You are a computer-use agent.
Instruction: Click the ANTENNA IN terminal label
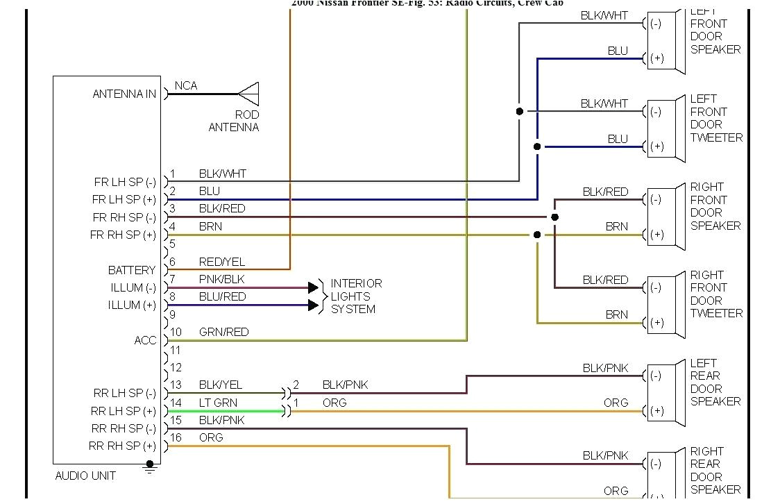click(124, 94)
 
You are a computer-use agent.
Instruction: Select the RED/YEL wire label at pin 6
click(222, 262)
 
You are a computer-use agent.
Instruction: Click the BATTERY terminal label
click(132, 270)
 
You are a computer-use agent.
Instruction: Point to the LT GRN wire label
click(218, 403)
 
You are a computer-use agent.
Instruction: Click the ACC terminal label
click(145, 340)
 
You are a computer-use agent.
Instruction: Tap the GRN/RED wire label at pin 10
click(223, 332)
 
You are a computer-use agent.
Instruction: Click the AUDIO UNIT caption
click(85, 476)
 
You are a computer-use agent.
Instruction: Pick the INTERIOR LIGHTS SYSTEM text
click(356, 296)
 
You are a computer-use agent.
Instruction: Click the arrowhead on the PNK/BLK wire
click(314, 287)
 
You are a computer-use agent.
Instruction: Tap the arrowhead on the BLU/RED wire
click(314, 305)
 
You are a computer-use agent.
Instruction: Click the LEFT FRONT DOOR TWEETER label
click(715, 118)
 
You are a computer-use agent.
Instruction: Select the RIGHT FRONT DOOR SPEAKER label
click(715, 206)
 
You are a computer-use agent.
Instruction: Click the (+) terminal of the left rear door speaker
click(656, 411)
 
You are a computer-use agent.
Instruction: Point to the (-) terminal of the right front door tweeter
click(656, 287)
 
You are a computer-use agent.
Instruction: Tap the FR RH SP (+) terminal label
click(124, 235)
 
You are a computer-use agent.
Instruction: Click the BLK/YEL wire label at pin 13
click(221, 385)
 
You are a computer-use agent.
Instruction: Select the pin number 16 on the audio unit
click(176, 437)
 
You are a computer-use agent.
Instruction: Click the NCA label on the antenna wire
click(186, 85)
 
